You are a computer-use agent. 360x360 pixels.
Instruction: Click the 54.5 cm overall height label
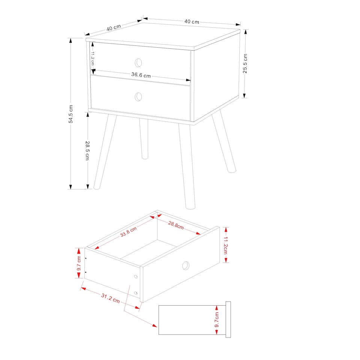click(x=70, y=114)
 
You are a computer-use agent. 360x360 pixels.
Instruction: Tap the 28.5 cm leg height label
click(x=87, y=150)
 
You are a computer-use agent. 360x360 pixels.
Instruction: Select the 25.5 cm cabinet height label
click(x=245, y=63)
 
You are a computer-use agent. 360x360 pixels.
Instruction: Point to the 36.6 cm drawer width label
click(x=141, y=75)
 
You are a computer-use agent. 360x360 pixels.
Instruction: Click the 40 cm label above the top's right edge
click(x=192, y=21)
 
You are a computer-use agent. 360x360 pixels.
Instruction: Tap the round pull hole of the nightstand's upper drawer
click(x=139, y=62)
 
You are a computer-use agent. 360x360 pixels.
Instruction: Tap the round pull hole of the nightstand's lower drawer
click(x=139, y=97)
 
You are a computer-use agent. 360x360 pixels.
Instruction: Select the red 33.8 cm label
click(x=128, y=232)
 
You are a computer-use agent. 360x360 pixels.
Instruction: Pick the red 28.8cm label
click(x=175, y=226)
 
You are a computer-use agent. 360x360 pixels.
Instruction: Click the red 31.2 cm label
click(x=110, y=298)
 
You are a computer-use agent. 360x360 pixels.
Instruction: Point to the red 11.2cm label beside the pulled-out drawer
click(x=225, y=245)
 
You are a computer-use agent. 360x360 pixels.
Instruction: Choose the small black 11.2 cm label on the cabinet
click(x=92, y=58)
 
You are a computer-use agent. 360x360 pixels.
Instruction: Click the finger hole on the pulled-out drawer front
click(x=186, y=266)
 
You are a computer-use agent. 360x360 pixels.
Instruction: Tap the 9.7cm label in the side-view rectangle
click(x=217, y=320)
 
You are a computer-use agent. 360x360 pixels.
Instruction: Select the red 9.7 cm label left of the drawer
click(x=79, y=263)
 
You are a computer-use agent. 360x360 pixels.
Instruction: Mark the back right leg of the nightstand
click(x=224, y=142)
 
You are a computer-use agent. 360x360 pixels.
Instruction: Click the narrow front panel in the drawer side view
click(x=228, y=319)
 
